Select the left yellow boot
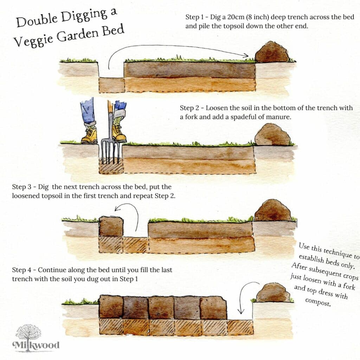click(89, 135)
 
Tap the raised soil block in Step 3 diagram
click(111, 226)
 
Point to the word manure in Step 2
click(279, 117)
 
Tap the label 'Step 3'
click(23, 187)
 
